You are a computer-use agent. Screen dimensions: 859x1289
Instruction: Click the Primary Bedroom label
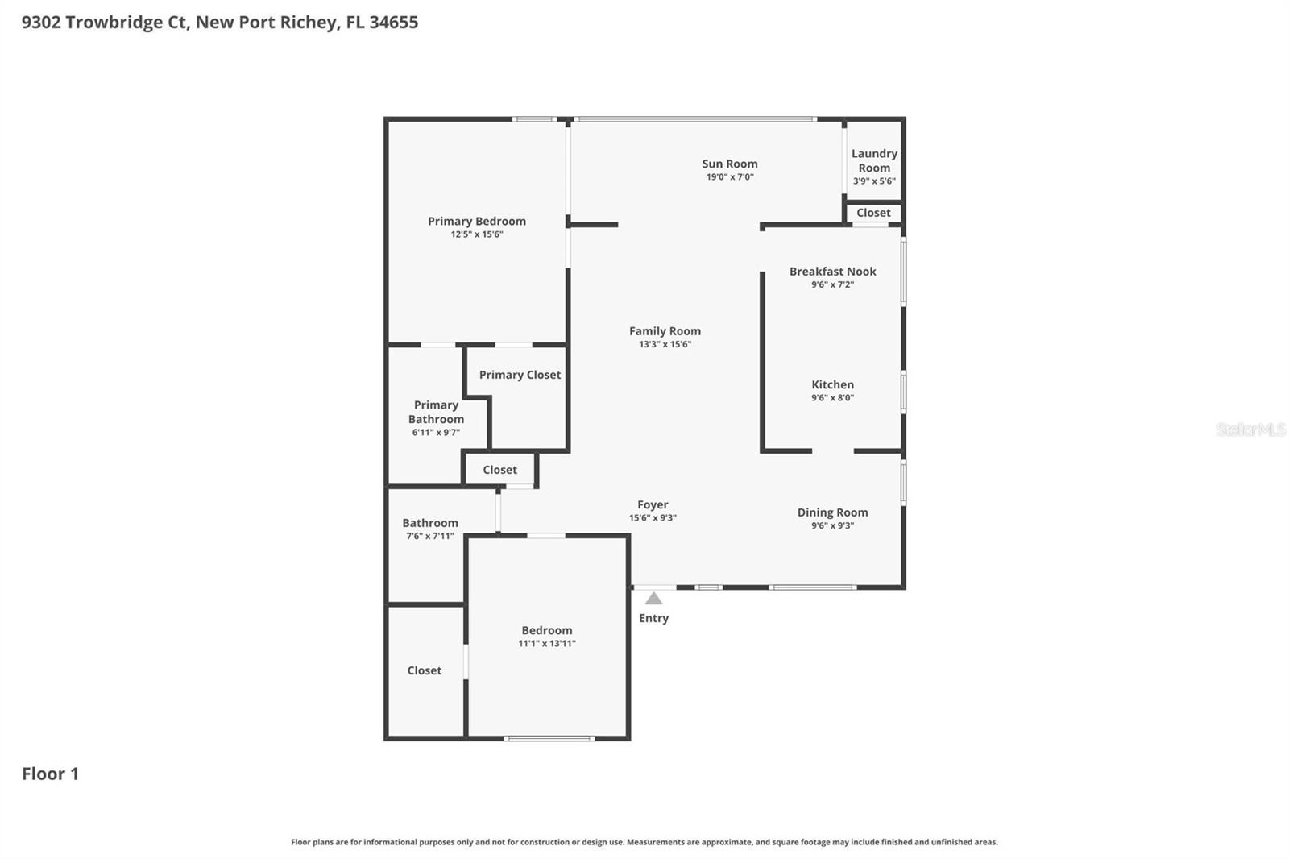[476, 222]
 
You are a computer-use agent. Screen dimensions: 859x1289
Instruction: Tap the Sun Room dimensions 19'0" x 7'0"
[730, 177]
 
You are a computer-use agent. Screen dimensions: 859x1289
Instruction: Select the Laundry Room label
[874, 160]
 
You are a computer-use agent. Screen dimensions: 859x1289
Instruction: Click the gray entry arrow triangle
[653, 599]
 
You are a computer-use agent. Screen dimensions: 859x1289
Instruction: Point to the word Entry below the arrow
[653, 618]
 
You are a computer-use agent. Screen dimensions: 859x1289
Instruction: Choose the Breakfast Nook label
[832, 272]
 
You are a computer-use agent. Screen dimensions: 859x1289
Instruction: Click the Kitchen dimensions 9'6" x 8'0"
[832, 398]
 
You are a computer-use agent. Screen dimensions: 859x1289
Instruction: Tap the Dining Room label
[832, 512]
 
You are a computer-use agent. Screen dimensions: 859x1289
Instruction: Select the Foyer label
[653, 505]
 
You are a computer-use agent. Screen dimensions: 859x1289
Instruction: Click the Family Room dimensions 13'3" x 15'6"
[665, 344]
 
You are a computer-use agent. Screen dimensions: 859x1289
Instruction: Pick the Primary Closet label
[520, 375]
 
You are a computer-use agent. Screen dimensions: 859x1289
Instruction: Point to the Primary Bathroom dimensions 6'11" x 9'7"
[436, 433]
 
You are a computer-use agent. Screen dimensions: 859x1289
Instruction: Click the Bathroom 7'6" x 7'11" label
[430, 523]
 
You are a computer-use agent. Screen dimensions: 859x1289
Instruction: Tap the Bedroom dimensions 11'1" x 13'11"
[547, 644]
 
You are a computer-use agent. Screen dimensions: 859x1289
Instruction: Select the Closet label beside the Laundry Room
[873, 213]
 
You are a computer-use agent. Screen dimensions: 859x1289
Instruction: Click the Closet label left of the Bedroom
[425, 670]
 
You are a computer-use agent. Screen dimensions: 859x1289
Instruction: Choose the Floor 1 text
[50, 774]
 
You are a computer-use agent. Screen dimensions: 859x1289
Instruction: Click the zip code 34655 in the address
[393, 23]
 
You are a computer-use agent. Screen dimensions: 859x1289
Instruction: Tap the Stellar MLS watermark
[1250, 429]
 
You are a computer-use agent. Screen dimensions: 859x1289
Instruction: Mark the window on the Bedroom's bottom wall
[549, 738]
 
